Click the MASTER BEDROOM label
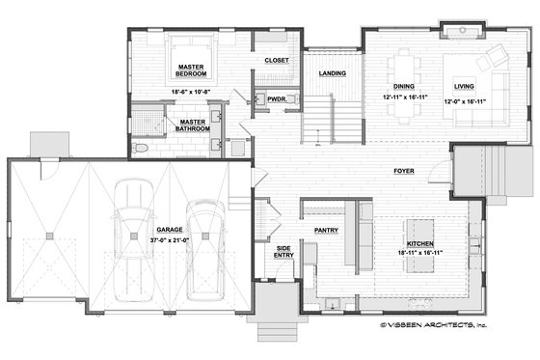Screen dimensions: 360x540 (x=194, y=70)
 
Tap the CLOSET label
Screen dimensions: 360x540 (x=277, y=61)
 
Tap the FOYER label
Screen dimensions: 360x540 (x=404, y=171)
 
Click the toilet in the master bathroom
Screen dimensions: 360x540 (x=142, y=148)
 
